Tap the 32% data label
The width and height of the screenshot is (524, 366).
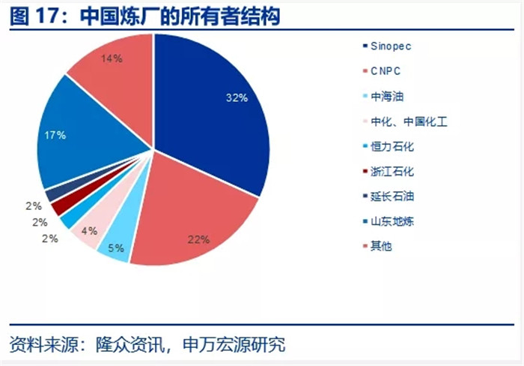[237, 97]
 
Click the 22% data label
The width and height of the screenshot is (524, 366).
[198, 239]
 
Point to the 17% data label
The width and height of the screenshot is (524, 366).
[55, 135]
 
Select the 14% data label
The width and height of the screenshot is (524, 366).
[112, 58]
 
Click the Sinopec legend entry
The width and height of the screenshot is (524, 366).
[387, 46]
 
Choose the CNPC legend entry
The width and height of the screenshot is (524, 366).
[382, 71]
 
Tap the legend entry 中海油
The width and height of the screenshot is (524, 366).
[383, 97]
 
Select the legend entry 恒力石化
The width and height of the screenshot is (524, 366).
[389, 146]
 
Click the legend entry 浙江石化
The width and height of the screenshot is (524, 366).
[389, 172]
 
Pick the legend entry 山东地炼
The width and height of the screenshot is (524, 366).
[389, 221]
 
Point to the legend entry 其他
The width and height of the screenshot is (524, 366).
[377, 246]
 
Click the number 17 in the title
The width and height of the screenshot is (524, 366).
[46, 16]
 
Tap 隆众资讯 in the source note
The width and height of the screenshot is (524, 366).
[131, 344]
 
